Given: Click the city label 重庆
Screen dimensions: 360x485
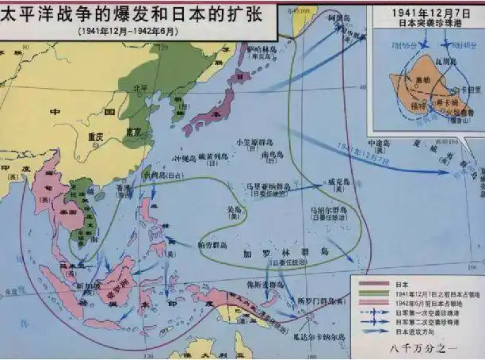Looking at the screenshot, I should [96, 136].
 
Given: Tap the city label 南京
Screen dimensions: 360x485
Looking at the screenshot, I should [134, 132].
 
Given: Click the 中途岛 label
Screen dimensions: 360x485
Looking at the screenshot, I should [378, 144].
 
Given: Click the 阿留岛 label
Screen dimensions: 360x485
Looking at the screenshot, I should [316, 38].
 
